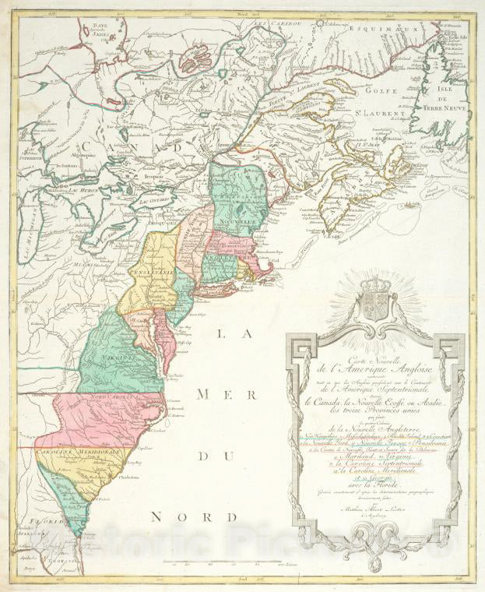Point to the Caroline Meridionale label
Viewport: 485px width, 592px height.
(x=68, y=452)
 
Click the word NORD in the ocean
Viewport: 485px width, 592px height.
(x=176, y=516)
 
